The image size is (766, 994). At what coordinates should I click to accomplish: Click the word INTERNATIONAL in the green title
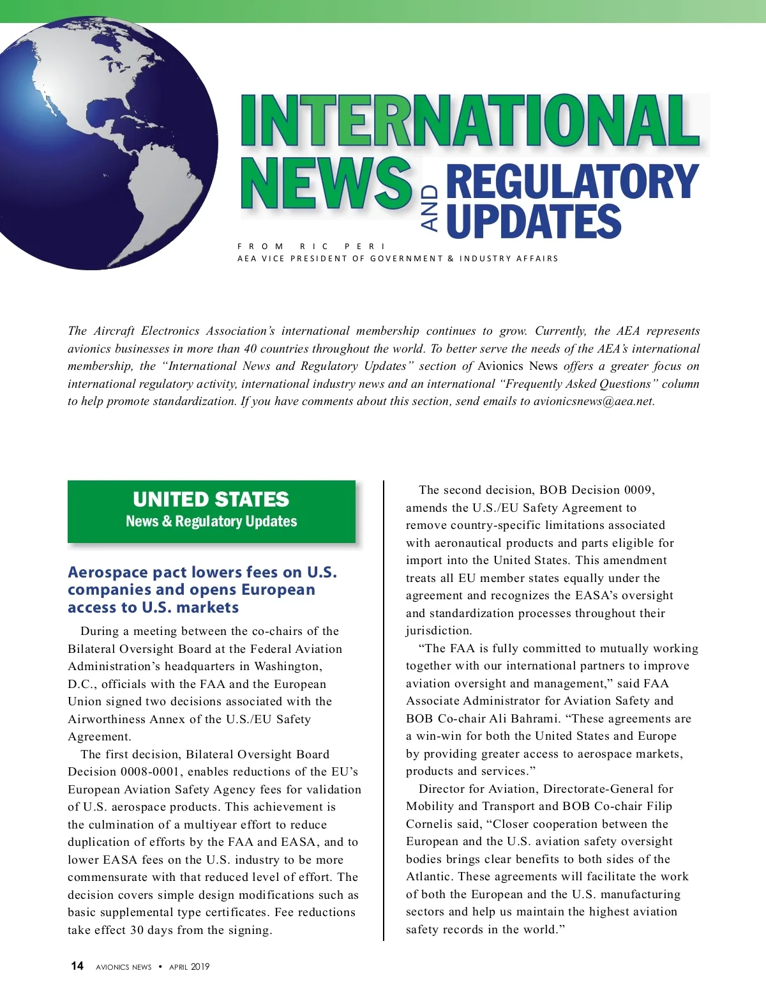[x=470, y=121]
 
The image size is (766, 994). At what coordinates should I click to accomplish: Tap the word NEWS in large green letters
[x=326, y=184]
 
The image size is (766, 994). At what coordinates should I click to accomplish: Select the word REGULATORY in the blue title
[x=572, y=182]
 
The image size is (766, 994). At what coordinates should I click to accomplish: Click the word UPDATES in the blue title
[x=534, y=221]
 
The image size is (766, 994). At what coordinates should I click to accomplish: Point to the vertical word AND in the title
[x=431, y=208]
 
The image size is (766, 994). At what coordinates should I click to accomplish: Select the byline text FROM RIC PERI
[x=312, y=246]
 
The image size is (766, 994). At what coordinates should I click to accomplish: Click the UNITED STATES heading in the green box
[x=211, y=500]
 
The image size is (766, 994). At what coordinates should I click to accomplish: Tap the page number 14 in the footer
[x=77, y=966]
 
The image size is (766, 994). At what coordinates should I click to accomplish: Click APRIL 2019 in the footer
[x=189, y=967]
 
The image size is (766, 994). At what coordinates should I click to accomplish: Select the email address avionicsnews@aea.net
[x=594, y=401]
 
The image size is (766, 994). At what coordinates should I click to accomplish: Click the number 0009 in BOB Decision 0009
[x=638, y=490]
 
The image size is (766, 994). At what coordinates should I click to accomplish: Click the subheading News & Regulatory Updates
[x=211, y=521]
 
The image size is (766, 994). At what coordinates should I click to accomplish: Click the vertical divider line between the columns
[x=384, y=709]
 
